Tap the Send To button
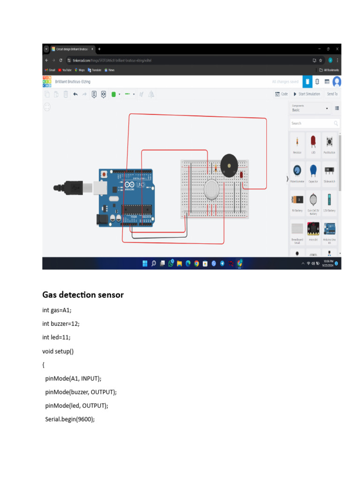332,94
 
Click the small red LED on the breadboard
241,175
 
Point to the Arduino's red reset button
103,174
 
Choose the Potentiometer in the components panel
297,172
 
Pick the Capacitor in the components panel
313,172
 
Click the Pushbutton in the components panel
329,142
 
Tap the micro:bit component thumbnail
313,230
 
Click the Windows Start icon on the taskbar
145,263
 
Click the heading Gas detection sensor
83,295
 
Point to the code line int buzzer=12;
64,323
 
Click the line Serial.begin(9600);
70,419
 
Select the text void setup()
58,351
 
